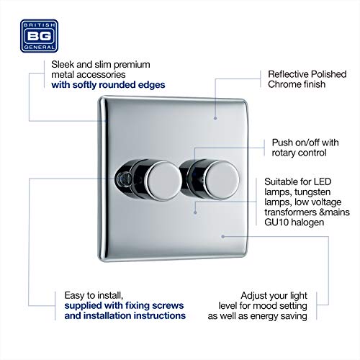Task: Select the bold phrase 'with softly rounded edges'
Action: [108, 85]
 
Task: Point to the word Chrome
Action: [284, 85]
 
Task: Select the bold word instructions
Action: [150, 315]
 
